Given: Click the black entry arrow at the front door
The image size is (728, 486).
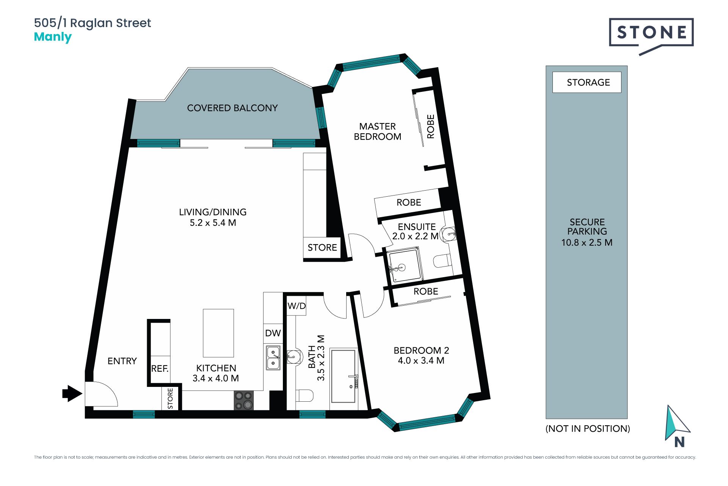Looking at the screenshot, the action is tap(72, 393).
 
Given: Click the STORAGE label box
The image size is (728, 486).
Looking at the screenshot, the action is tap(587, 82).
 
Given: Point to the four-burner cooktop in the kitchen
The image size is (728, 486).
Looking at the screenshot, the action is tap(244, 401).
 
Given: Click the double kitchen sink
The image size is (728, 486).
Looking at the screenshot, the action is tap(273, 358).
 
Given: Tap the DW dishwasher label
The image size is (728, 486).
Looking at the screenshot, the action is tap(273, 333).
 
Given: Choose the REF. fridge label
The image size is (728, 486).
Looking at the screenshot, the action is tap(160, 369).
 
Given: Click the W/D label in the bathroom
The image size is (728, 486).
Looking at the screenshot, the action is tap(297, 306).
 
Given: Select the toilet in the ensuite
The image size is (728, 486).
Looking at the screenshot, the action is tap(442, 261).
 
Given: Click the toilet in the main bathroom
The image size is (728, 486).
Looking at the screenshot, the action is tap(304, 396).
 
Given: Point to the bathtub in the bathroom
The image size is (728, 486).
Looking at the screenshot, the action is tap(344, 376).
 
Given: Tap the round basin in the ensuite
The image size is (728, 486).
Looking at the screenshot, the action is tap(449, 234).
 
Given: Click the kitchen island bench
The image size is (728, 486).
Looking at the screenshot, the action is tap(218, 333).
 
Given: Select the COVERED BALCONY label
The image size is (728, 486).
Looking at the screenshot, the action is tap(232, 108).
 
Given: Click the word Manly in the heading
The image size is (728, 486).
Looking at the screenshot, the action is tap(53, 37).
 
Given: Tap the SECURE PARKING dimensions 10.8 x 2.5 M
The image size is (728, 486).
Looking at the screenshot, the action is tap(587, 242).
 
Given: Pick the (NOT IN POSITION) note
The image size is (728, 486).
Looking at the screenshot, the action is tap(588, 429).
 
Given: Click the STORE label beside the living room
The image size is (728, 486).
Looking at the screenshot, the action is tap(322, 248).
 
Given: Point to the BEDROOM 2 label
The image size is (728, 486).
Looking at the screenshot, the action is tap(421, 350).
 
